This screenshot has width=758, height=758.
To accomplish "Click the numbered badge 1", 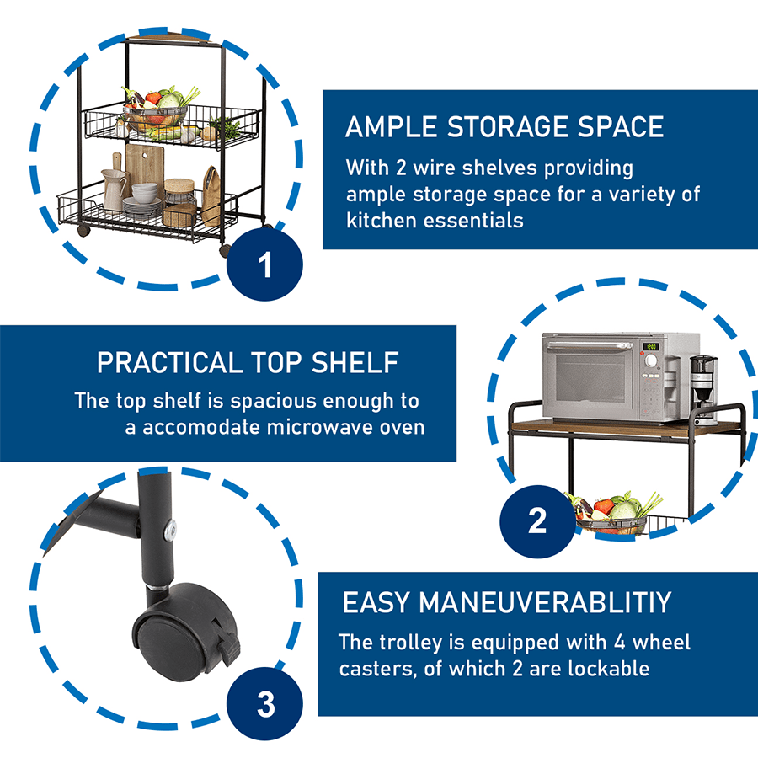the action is (x=264, y=264).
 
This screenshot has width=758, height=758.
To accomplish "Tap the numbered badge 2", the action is (x=537, y=521).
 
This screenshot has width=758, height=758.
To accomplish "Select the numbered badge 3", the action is (x=265, y=704).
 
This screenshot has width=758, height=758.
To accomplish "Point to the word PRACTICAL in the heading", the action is (x=169, y=362).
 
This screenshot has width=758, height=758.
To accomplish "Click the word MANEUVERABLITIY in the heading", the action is (x=545, y=602).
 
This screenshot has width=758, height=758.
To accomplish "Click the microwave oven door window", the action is (x=590, y=376).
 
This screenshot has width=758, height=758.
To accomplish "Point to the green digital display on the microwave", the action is (x=651, y=346).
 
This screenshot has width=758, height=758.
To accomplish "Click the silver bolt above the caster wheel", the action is (x=170, y=531).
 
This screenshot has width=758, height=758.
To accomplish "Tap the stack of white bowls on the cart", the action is (x=145, y=192).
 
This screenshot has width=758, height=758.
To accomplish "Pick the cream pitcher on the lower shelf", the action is (x=114, y=189).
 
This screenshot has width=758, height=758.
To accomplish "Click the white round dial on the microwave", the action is (x=651, y=360).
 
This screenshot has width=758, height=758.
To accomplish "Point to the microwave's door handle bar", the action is (x=589, y=345).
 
